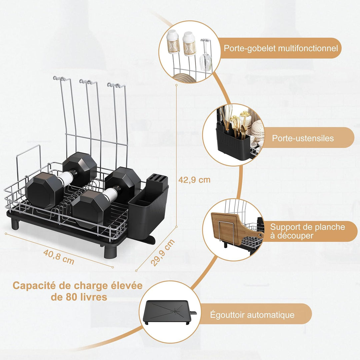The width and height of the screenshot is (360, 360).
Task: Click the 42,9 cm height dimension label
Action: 194,180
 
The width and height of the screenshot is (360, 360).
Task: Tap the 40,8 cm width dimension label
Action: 59,257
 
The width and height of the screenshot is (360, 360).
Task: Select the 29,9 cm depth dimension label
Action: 163,252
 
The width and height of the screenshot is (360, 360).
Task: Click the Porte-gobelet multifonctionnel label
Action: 281,48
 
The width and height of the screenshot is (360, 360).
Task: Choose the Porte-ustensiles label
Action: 303,138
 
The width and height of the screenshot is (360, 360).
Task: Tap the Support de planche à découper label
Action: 307,231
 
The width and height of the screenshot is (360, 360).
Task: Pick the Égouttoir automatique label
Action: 252,315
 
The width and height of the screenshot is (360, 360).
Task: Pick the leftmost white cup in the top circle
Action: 173,42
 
